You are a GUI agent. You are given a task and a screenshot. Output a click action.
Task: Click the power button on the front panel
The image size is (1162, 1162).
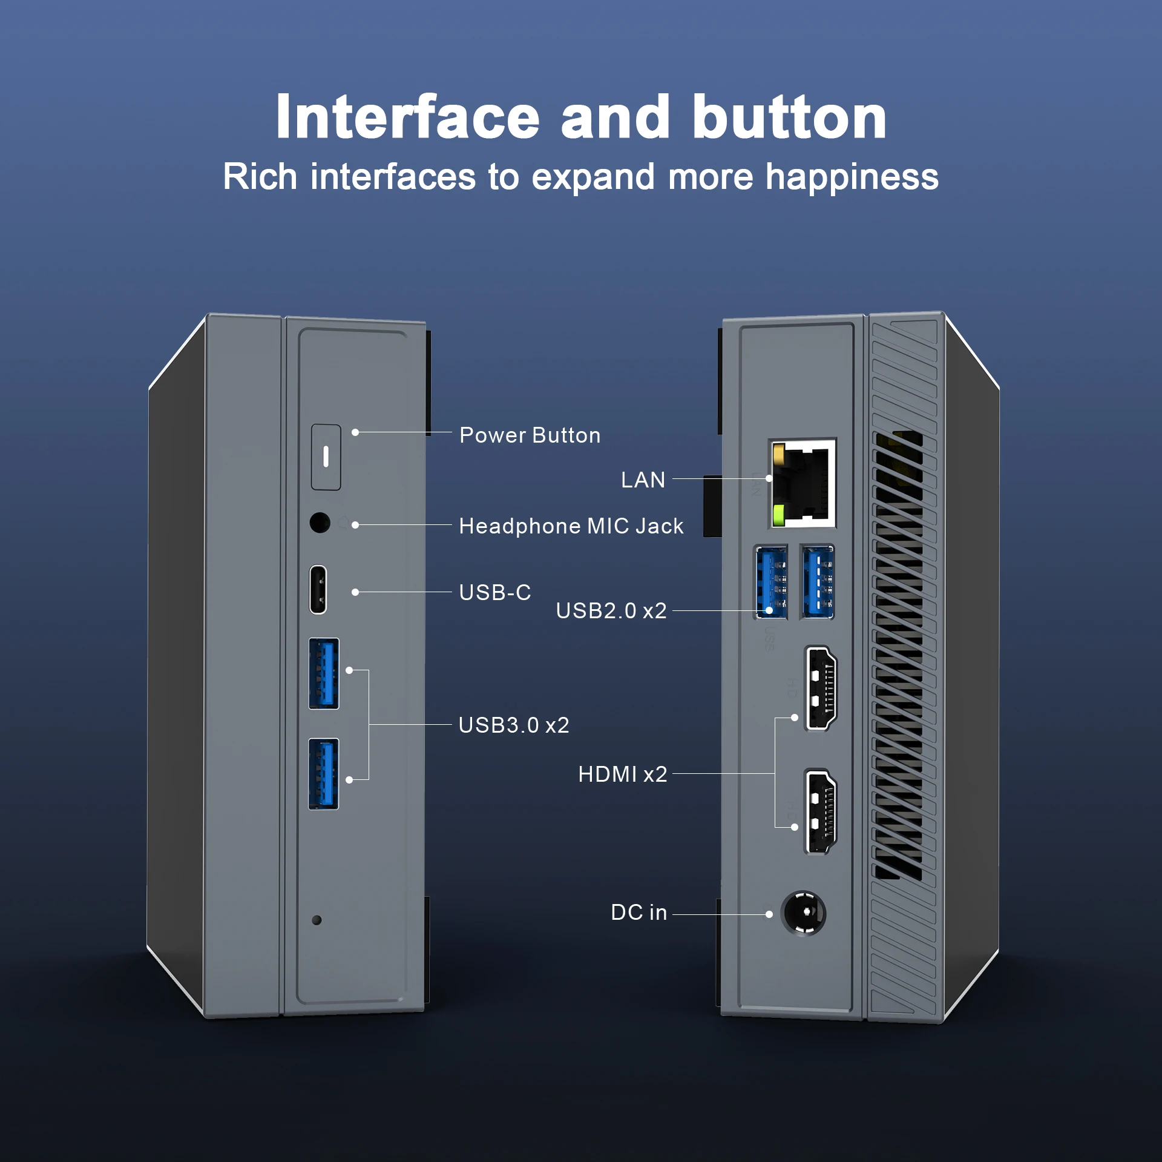coord(326,457)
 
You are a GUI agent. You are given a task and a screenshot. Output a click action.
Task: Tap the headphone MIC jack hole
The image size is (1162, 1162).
coord(320,522)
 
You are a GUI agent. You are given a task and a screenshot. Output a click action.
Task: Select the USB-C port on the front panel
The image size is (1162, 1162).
coord(318,590)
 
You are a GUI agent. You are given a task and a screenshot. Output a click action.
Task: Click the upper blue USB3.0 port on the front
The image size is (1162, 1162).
coord(324,673)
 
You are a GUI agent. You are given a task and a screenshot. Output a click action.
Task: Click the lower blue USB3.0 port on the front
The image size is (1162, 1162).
coord(324,774)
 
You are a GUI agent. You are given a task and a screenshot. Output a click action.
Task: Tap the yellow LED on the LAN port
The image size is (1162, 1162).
coord(779,452)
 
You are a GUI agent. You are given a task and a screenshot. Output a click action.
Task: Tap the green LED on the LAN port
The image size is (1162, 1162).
coord(778,515)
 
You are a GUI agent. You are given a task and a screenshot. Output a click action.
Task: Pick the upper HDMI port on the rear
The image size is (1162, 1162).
coord(821,687)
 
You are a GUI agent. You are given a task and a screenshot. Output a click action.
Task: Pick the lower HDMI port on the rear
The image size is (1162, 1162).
coord(821,811)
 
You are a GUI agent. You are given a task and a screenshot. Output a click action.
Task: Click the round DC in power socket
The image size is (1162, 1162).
coord(804,913)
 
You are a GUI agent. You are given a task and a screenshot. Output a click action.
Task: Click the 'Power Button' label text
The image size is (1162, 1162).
coord(530,435)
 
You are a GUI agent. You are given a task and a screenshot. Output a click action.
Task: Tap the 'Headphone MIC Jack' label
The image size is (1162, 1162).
coord(571,526)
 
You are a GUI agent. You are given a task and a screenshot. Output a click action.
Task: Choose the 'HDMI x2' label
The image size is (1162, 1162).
coord(622,774)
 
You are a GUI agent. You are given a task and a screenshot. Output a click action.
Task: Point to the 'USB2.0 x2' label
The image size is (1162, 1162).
coord(611,611)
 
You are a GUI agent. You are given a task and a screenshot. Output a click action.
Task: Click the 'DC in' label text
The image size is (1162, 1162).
coord(639,913)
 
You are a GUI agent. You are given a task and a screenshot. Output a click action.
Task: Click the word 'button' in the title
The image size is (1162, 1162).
coord(789,117)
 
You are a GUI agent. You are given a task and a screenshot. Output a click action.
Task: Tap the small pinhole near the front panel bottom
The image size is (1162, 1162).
coord(317,920)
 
